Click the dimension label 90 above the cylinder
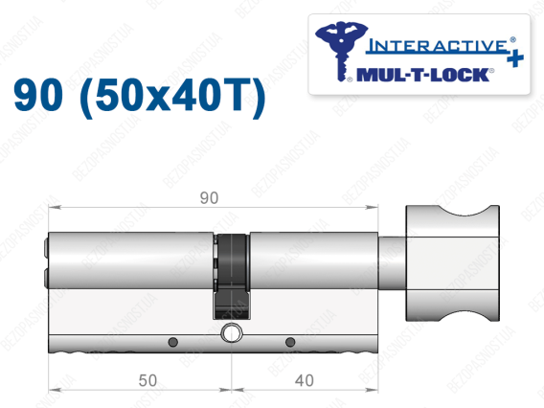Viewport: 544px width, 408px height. pyautogui.click(x=209, y=197)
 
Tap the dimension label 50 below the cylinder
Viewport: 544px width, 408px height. pyautogui.click(x=147, y=380)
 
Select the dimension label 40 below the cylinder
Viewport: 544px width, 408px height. pyautogui.click(x=305, y=380)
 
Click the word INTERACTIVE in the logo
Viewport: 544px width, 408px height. pyautogui.click(x=438, y=46)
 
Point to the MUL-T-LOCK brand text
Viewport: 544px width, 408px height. pyautogui.click(x=422, y=75)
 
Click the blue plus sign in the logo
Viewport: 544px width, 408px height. pyautogui.click(x=515, y=57)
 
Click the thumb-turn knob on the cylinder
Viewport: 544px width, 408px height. pyautogui.click(x=452, y=262)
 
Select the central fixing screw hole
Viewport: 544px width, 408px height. pyautogui.click(x=231, y=333)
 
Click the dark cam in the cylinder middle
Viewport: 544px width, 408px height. pyautogui.click(x=232, y=277)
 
